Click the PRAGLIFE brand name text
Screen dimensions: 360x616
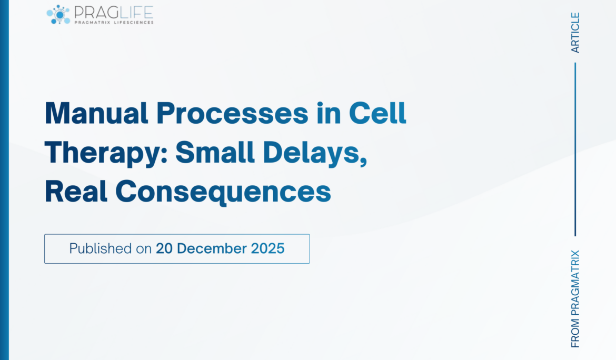click(x=113, y=12)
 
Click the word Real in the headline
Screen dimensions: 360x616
click(x=76, y=192)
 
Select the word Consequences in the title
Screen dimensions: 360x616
click(x=223, y=192)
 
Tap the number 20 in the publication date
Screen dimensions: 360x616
click(x=164, y=248)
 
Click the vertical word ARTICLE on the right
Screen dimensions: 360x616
click(x=575, y=33)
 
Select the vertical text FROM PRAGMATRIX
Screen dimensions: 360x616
click(x=575, y=298)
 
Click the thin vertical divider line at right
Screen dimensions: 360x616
click(x=575, y=149)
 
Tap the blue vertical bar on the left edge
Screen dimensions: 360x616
click(x=4, y=180)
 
